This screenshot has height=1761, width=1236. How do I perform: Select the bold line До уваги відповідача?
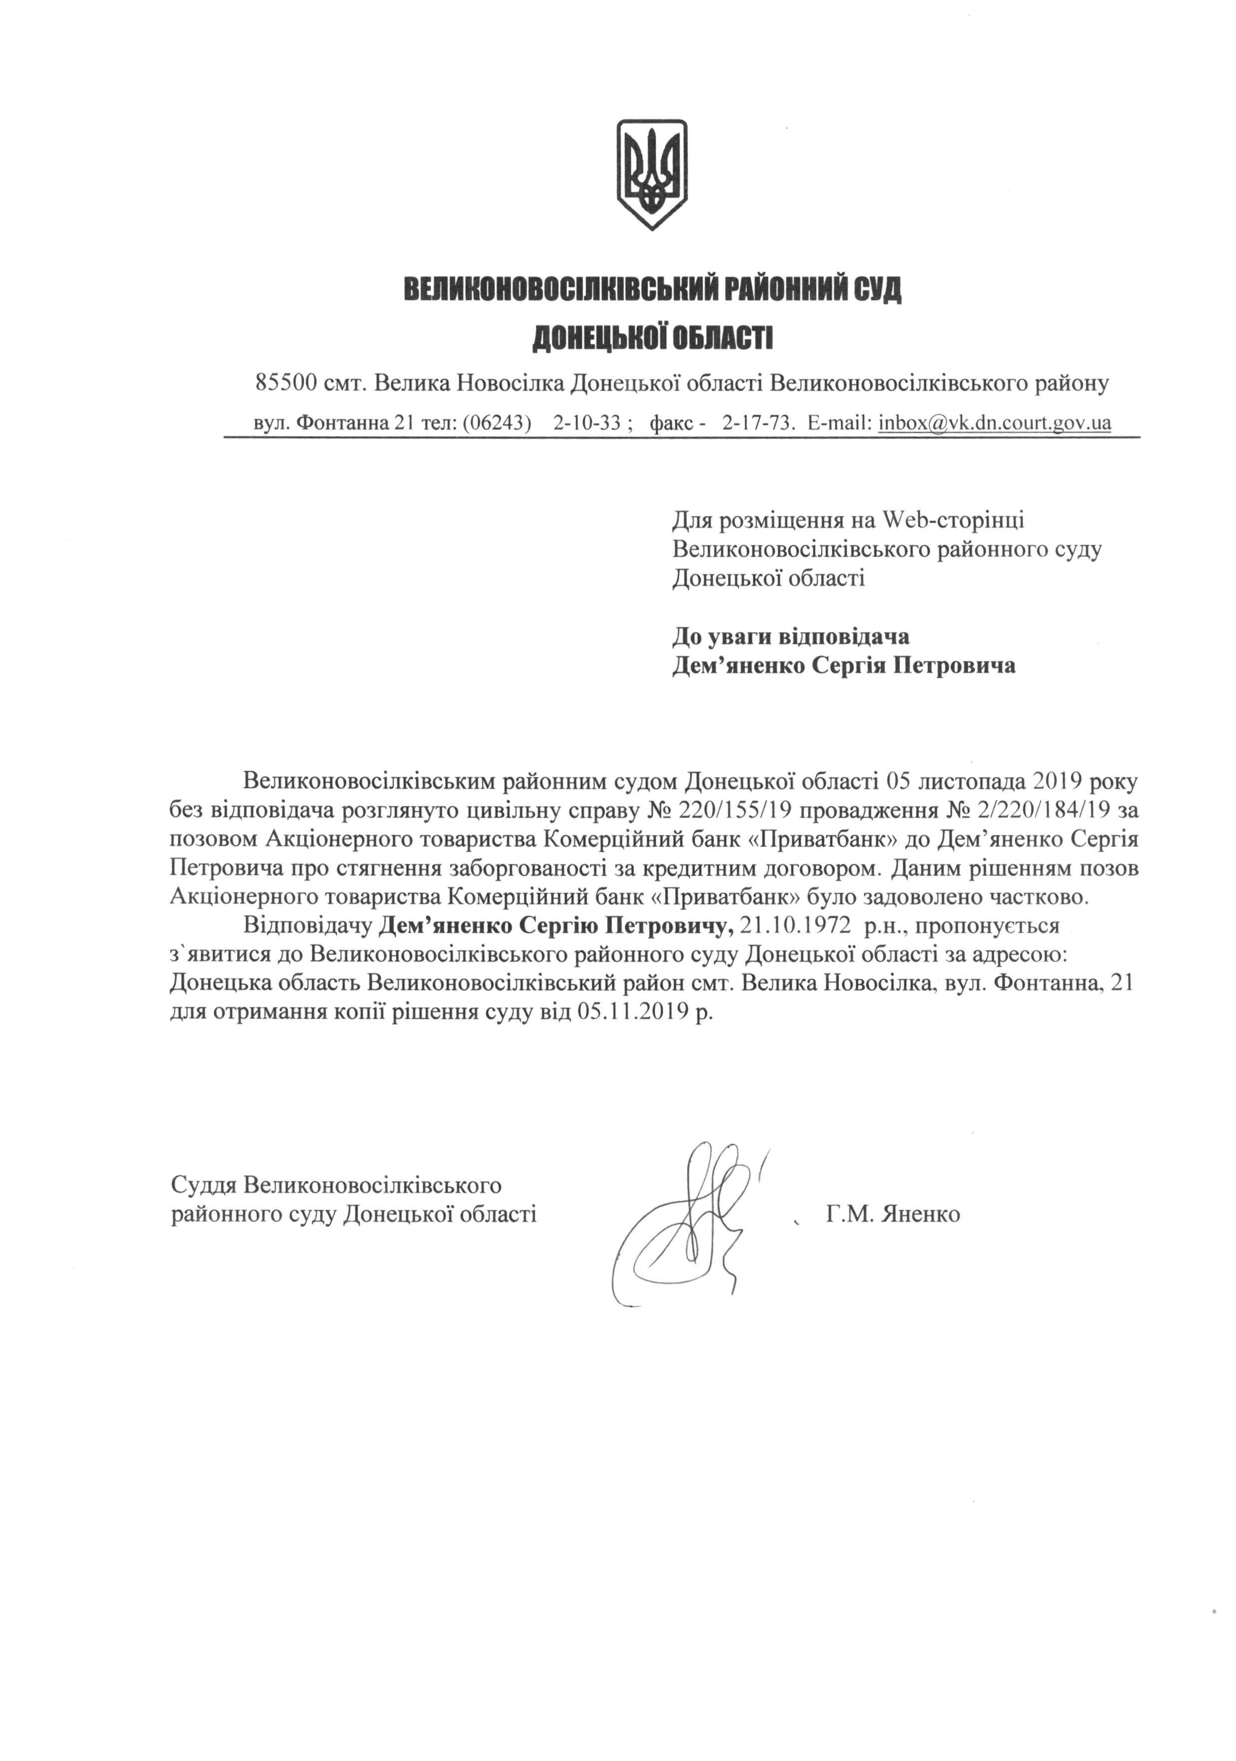pyautogui.click(x=791, y=637)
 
